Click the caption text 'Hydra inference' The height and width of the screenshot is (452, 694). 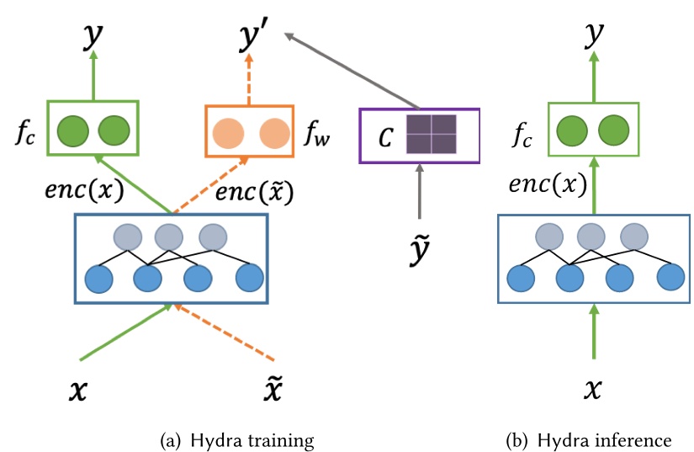[599, 440]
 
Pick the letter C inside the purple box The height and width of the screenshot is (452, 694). [384, 136]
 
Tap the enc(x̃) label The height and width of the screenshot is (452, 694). [254, 193]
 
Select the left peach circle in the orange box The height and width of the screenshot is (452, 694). [228, 133]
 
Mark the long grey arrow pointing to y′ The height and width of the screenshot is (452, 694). [353, 72]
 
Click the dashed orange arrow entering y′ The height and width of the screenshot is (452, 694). [250, 81]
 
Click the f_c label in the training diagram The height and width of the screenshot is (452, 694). [28, 132]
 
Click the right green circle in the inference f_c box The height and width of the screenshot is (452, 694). [614, 131]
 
